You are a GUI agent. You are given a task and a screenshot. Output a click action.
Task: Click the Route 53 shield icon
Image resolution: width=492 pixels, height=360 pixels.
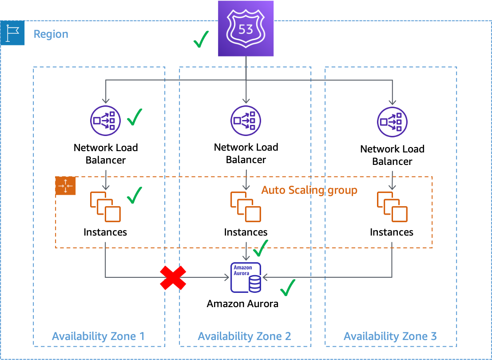point(246,28)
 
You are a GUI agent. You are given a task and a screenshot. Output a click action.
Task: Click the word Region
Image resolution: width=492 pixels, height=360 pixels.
point(51,34)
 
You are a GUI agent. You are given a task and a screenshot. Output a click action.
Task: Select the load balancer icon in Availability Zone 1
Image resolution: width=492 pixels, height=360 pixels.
point(106,120)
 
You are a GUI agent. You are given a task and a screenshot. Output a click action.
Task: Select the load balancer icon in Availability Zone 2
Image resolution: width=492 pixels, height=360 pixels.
point(246,120)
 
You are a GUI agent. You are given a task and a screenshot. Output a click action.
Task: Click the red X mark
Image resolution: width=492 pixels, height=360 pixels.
point(173,278)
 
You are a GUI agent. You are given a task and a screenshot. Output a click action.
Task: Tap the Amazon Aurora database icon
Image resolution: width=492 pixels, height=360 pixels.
point(246,278)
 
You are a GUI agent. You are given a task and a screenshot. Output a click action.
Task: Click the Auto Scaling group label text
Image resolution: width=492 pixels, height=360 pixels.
point(309,190)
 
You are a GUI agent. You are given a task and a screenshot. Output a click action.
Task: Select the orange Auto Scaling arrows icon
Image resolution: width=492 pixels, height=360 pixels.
point(66,185)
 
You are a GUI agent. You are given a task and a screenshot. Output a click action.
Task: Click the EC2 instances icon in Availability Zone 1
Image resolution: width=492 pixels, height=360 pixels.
point(106,207)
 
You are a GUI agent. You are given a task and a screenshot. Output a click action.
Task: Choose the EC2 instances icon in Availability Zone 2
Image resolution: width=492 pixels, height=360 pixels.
point(246,207)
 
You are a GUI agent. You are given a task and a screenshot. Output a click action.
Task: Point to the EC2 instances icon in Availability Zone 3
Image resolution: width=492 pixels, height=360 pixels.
point(392,207)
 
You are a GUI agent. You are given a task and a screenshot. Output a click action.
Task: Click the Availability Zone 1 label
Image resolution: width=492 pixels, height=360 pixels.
point(98,336)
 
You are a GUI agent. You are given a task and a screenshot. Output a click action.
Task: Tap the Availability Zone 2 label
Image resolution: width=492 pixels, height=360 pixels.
point(244,336)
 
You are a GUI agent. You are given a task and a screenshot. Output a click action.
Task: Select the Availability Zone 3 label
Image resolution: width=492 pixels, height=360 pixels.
point(390,336)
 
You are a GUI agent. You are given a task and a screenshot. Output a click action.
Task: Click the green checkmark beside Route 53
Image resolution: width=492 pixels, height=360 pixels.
point(201,40)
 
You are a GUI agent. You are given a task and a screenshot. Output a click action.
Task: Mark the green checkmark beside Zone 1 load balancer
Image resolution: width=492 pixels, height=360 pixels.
point(134,117)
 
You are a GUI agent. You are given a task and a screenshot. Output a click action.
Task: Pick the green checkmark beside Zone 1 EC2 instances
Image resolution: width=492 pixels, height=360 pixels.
point(134,195)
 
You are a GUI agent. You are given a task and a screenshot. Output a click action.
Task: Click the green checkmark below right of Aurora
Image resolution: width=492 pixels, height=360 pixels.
point(288,288)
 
